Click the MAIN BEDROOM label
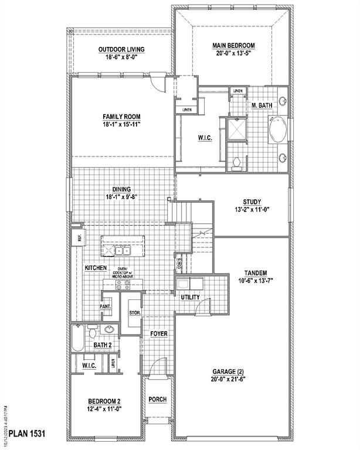coord(233,45)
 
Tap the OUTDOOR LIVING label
coord(121,49)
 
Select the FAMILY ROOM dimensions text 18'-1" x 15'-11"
coord(121,124)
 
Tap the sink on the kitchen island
coord(123,251)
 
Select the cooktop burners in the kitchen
coord(123,285)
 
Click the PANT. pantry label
coord(106,306)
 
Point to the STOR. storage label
coord(135,313)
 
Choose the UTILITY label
coord(190,298)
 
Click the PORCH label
coord(157,400)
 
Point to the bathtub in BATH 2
coord(79,339)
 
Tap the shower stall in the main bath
coord(237,129)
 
